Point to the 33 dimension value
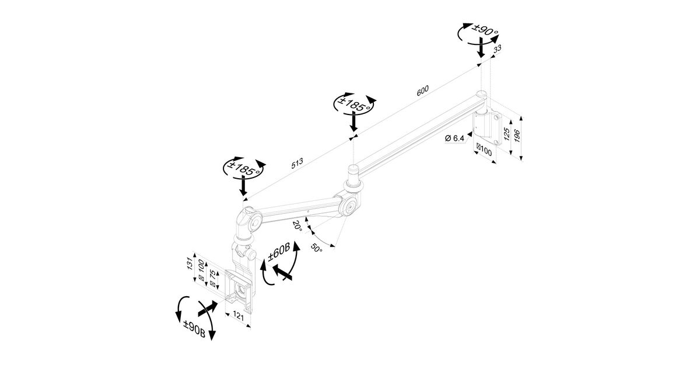498,51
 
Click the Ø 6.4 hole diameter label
454,138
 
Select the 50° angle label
316,248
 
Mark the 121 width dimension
239,315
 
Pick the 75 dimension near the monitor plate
213,278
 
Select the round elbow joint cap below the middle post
349,207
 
